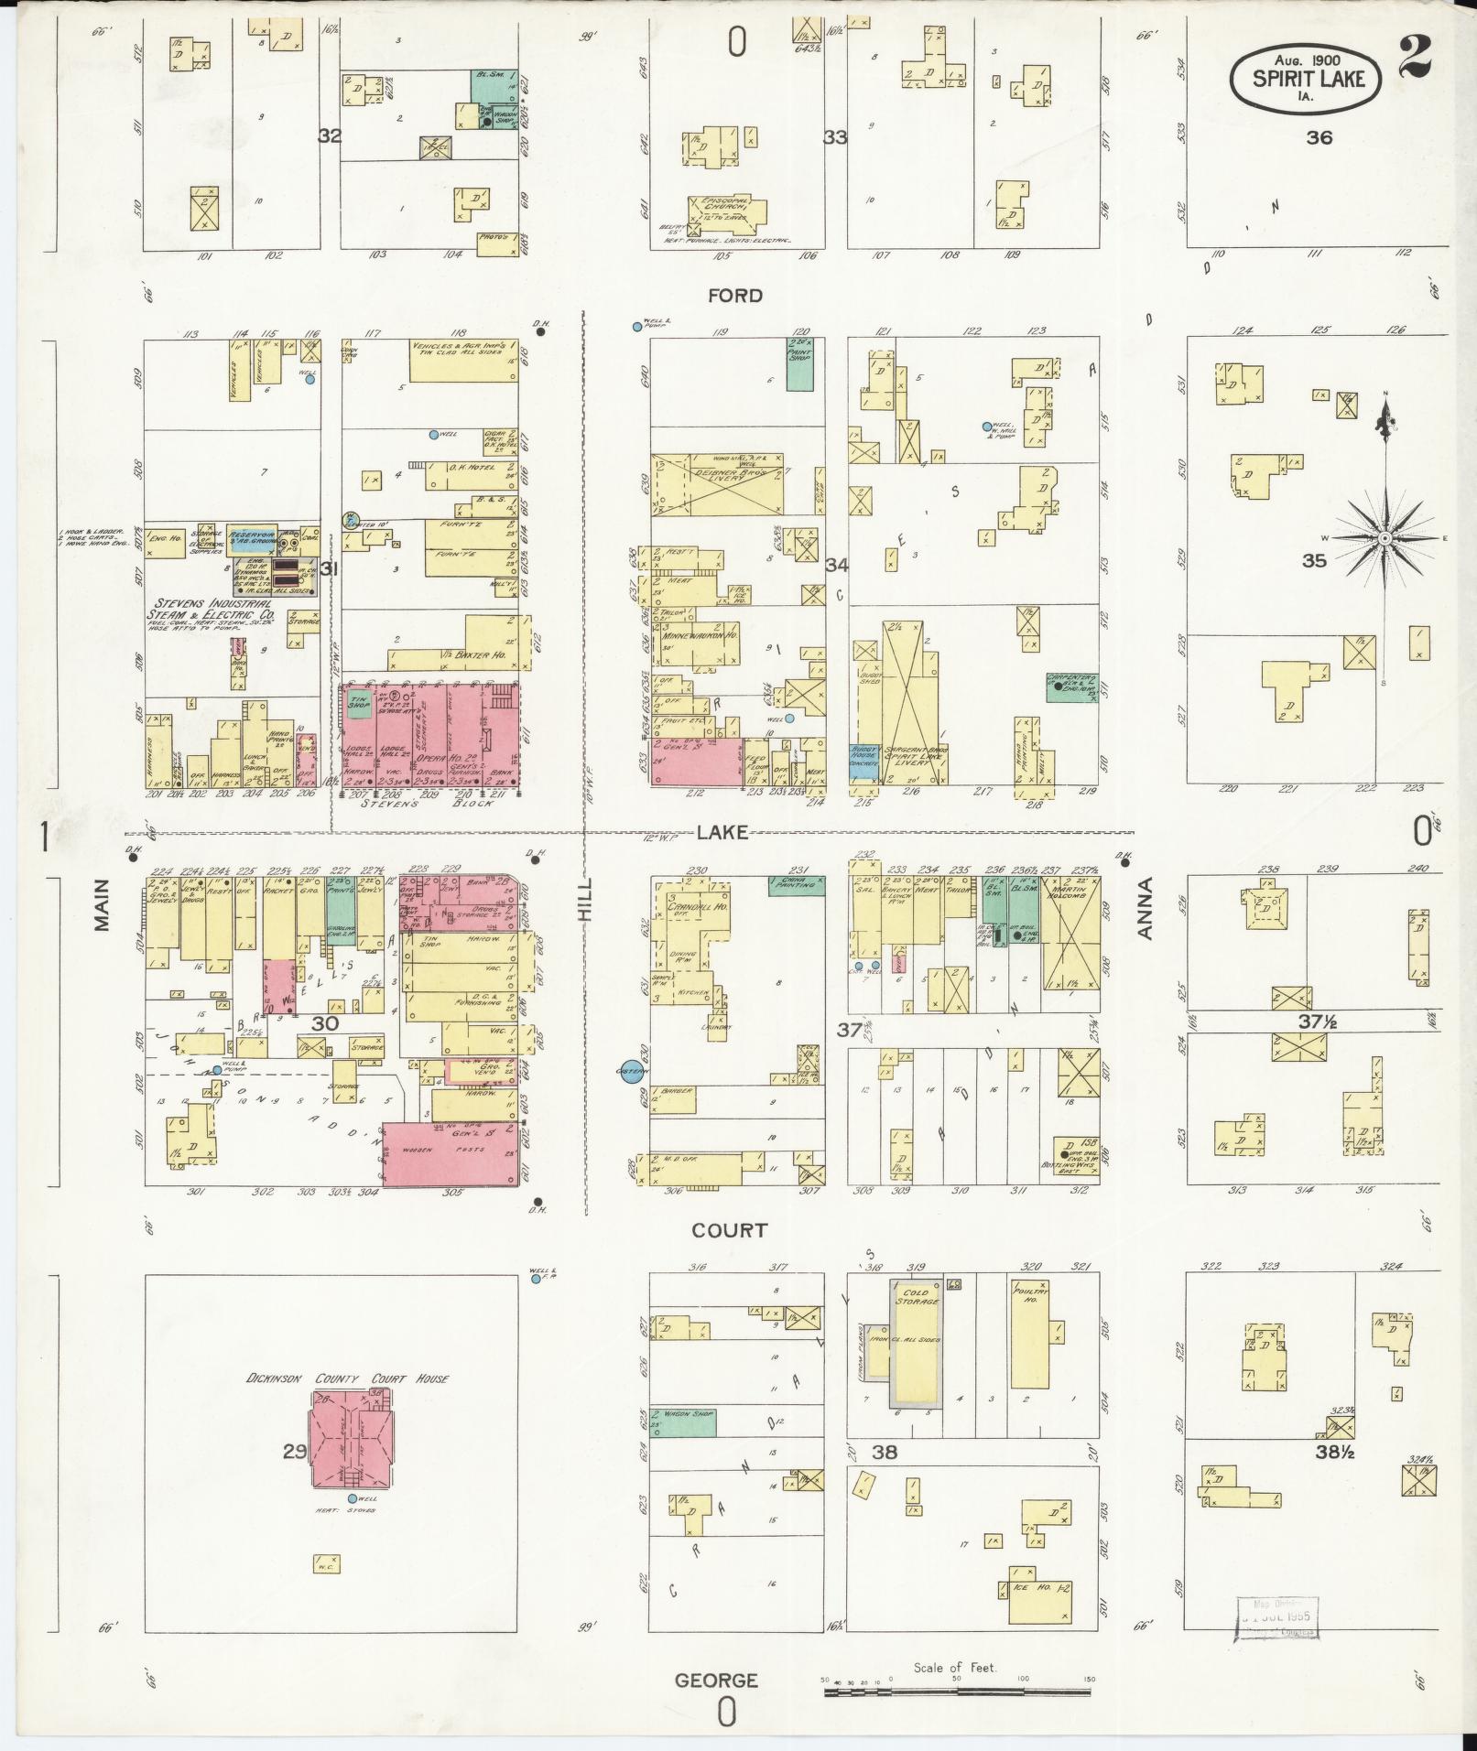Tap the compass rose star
coord(1385,537)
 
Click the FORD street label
coord(735,296)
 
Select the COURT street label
coord(729,1230)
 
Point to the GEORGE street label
coord(717,1681)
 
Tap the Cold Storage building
coord(916,1354)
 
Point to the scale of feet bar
coord(957,1692)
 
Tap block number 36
coord(1319,137)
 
